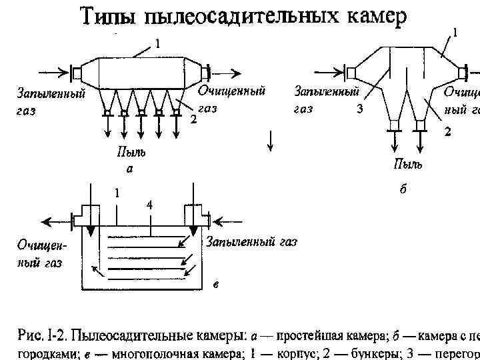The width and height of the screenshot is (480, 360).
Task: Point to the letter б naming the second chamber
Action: point(403,190)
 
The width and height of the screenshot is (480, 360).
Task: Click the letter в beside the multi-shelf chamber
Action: point(216,285)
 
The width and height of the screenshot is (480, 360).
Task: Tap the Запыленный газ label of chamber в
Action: point(251,241)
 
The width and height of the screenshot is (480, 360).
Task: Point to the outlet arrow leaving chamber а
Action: point(230,71)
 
